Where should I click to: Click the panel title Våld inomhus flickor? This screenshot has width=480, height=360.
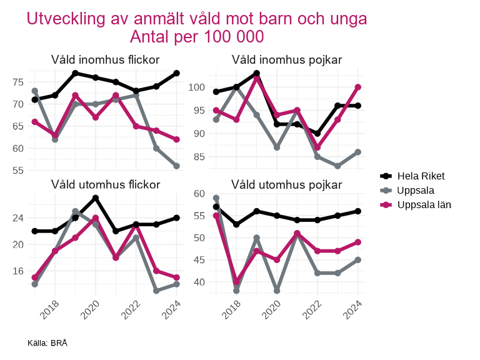pyautogui.click(x=105, y=60)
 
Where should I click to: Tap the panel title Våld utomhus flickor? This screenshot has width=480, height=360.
pyautogui.click(x=105, y=184)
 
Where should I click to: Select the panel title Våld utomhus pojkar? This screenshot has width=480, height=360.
pyautogui.click(x=286, y=184)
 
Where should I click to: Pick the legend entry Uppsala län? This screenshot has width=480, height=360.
pyautogui.click(x=424, y=204)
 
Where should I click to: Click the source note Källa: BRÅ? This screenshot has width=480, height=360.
pyautogui.click(x=47, y=343)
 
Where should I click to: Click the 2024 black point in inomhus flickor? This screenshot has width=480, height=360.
pyautogui.click(x=177, y=73)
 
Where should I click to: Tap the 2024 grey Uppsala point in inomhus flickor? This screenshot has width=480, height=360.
pyautogui.click(x=177, y=166)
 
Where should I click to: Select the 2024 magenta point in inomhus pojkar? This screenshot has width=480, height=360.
pyautogui.click(x=358, y=87)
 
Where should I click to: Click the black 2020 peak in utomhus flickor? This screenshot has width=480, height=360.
pyautogui.click(x=96, y=198)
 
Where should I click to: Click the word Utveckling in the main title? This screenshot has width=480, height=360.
pyautogui.click(x=64, y=19)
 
